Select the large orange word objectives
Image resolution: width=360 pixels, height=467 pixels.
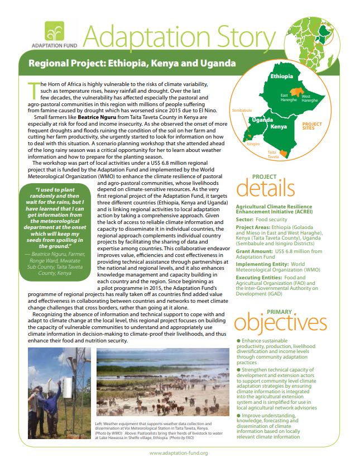[280, 323]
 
